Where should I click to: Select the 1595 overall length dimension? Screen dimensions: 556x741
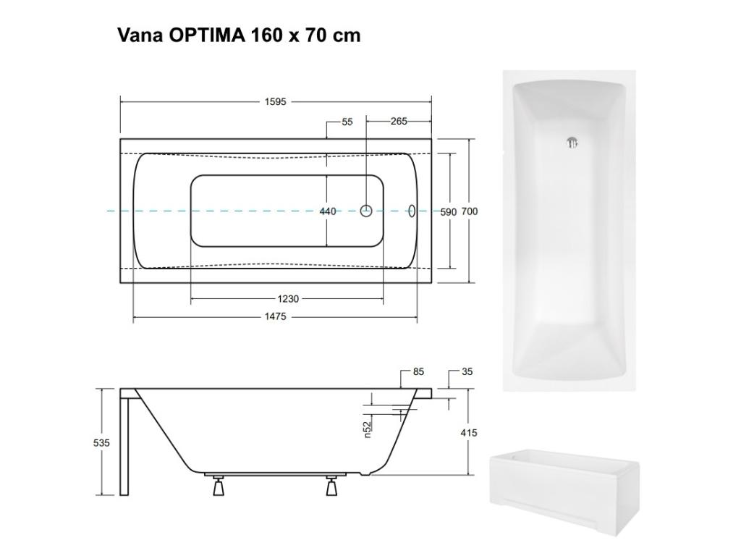click(275, 102)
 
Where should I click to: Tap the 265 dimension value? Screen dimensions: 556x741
click(399, 122)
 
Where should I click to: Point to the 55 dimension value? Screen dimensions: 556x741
click(347, 122)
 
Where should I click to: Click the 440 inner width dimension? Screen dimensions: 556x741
click(328, 211)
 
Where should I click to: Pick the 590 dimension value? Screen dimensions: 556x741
click(449, 211)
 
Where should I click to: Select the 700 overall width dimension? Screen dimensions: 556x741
click(470, 211)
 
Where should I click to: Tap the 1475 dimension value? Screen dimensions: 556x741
click(276, 317)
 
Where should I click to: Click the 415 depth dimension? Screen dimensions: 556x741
click(468, 433)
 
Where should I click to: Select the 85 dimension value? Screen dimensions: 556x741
click(418, 372)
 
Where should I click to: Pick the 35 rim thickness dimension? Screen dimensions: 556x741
click(467, 372)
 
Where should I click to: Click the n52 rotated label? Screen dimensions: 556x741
click(367, 429)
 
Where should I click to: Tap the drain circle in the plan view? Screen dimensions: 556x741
click(367, 211)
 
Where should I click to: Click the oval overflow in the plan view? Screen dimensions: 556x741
click(412, 211)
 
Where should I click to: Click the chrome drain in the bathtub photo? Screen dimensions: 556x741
click(572, 142)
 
